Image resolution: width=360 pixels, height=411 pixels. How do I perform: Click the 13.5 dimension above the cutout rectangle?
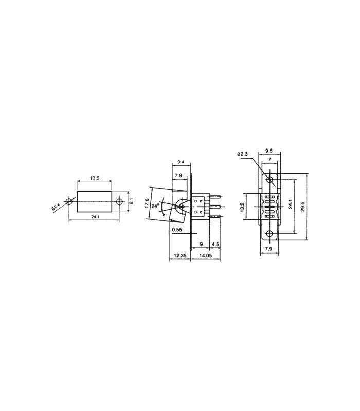click(95, 178)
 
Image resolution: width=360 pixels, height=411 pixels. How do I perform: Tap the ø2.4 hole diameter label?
click(55, 208)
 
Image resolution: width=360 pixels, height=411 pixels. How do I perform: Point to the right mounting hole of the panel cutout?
click(120, 201)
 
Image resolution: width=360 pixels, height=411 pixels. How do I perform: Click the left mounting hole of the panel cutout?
click(69, 201)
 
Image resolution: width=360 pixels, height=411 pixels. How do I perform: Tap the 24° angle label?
click(155, 204)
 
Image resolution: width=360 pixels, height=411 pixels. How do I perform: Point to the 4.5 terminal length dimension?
click(215, 244)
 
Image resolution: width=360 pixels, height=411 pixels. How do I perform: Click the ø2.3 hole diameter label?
click(244, 154)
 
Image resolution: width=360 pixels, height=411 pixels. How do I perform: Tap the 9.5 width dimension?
click(268, 151)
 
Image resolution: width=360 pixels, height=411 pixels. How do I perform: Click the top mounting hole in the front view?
click(269, 179)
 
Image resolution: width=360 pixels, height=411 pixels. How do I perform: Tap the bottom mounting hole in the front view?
click(269, 234)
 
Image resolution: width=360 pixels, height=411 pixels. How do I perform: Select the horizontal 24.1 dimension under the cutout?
click(95, 218)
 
